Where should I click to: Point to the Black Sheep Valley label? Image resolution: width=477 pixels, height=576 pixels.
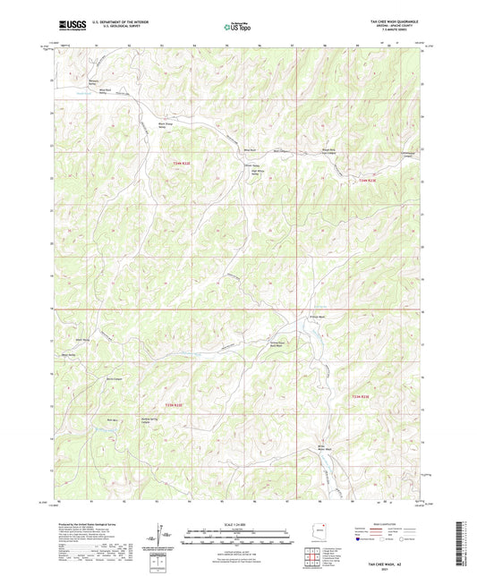click(164, 125)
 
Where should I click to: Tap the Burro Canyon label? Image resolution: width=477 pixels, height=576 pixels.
click(112, 379)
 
